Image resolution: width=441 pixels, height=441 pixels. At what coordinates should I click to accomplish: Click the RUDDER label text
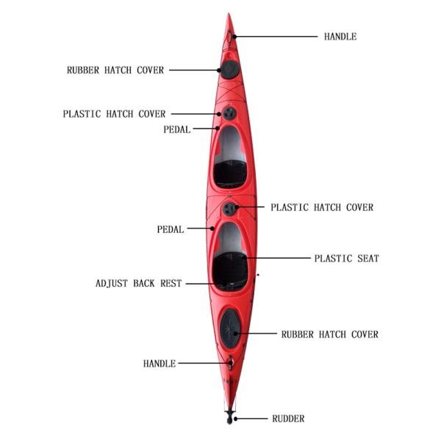pos(288,419)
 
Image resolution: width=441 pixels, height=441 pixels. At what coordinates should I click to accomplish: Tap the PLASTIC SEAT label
pos(346,259)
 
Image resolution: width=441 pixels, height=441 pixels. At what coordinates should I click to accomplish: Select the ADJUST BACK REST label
pos(138,283)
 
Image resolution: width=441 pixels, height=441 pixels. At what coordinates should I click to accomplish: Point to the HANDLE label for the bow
pos(340,36)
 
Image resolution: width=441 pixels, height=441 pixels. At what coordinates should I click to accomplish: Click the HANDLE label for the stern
pos(159,363)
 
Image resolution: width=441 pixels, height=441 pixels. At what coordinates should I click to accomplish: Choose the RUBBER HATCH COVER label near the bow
pos(115,71)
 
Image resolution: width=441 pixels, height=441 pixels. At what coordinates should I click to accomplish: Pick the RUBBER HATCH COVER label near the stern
pos(330,334)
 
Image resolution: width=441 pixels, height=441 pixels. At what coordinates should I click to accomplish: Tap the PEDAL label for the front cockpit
pos(176,129)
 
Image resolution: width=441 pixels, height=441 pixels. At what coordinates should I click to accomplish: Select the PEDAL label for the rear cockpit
pos(170,229)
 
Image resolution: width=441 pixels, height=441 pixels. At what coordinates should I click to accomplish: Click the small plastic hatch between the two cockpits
pos(229,209)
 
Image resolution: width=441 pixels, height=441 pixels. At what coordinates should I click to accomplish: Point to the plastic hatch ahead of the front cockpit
pos(229,113)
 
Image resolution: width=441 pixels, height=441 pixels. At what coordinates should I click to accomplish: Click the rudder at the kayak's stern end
pos(230,417)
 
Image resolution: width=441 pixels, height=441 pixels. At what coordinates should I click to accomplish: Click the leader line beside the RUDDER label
pos(251,419)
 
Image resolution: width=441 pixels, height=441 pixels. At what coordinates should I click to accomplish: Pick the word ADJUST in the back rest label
pos(112,283)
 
